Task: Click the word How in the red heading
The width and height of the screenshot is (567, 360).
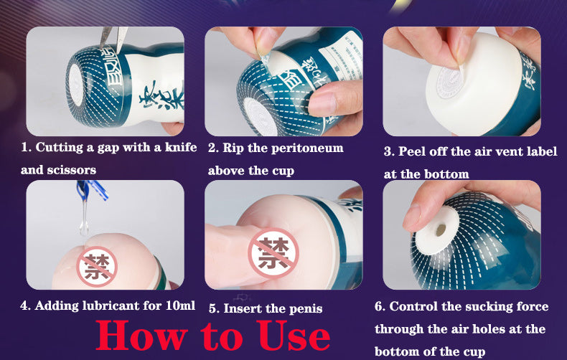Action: coord(137,335)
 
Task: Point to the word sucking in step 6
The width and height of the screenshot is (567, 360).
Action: coord(486,307)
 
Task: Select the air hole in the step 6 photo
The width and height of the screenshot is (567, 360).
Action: coord(441,229)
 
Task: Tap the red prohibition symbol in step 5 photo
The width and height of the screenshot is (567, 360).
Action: coord(273,253)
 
